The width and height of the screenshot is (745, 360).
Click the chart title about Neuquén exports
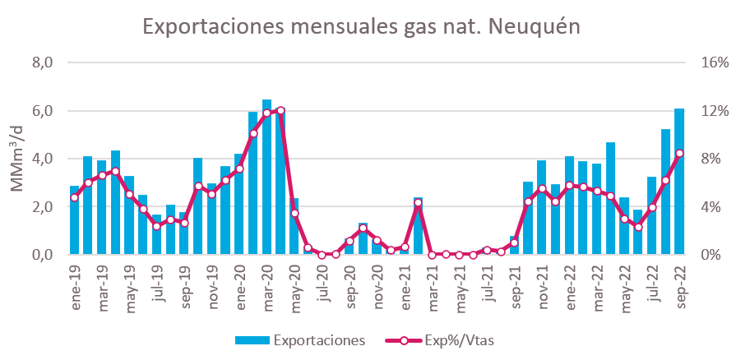(363, 26)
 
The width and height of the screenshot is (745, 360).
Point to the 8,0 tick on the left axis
(42, 62)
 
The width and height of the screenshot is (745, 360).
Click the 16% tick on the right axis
(711, 62)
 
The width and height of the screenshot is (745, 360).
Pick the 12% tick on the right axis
(711, 111)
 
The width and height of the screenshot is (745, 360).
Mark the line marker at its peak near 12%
(280, 110)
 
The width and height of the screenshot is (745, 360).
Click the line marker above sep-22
(679, 154)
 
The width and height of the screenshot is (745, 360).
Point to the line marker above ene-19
(74, 197)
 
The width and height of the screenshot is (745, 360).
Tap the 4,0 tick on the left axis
(42, 159)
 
